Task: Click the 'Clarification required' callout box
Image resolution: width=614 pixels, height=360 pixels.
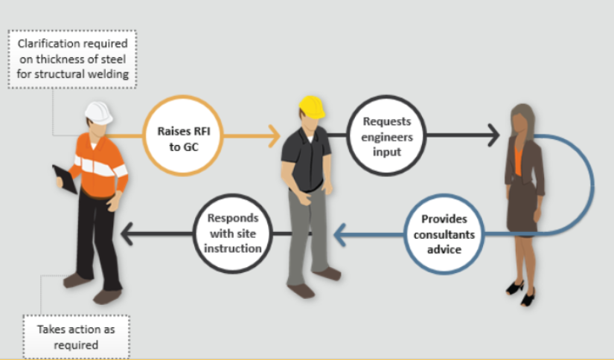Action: coord(72,60)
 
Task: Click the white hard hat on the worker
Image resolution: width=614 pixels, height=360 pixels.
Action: coord(97,112)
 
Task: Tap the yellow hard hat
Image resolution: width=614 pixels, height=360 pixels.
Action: coord(312,107)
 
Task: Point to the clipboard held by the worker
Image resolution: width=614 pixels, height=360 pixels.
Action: coord(64,179)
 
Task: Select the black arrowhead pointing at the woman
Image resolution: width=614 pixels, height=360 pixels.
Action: coord(490,136)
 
